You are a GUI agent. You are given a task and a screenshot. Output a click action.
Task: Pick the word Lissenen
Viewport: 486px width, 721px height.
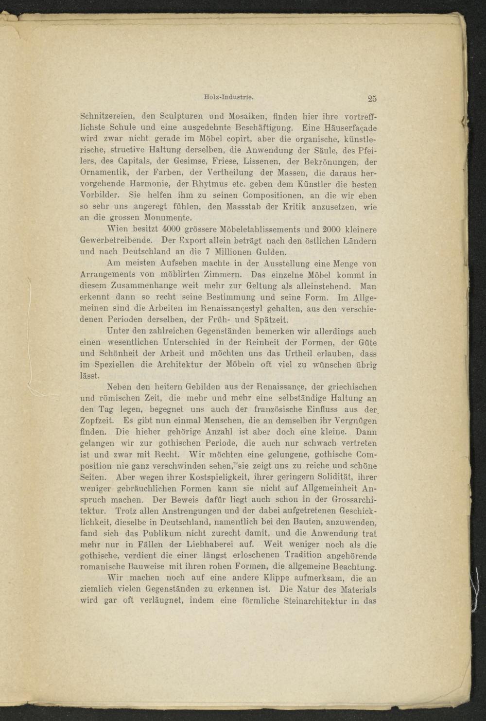point(262,162)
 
